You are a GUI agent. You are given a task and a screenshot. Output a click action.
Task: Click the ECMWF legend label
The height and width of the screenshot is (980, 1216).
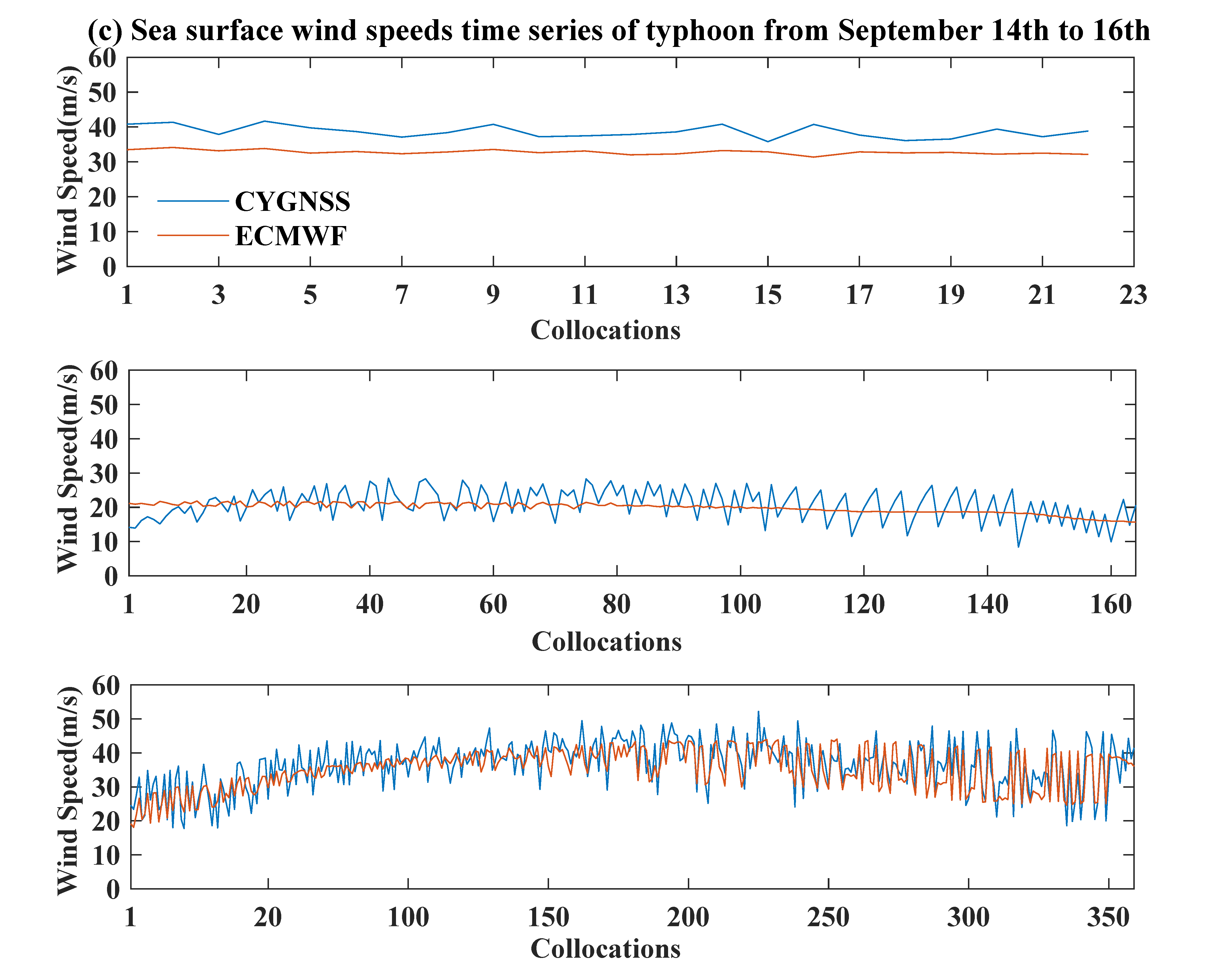pyautogui.click(x=290, y=236)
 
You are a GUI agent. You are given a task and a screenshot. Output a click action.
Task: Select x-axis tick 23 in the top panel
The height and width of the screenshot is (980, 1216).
pyautogui.click(x=1133, y=295)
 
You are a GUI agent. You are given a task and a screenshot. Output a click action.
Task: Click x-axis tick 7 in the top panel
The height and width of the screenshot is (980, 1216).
pyautogui.click(x=401, y=295)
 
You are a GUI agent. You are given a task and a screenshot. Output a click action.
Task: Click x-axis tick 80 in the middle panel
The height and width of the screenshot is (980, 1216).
pyautogui.click(x=617, y=605)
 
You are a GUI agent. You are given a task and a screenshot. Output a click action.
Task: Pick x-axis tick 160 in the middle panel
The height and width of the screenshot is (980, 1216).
pyautogui.click(x=1110, y=605)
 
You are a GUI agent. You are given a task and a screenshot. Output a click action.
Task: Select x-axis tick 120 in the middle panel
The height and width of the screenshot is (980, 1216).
pyautogui.click(x=864, y=605)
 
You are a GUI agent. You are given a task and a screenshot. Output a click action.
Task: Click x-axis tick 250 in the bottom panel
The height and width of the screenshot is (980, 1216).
pyautogui.click(x=828, y=917)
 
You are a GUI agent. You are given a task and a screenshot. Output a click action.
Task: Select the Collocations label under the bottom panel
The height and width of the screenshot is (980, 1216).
pyautogui.click(x=605, y=949)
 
